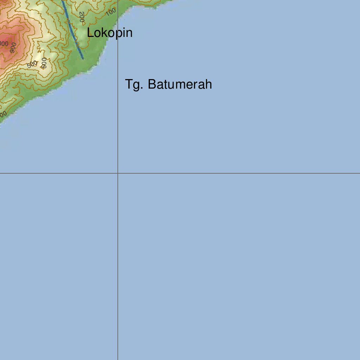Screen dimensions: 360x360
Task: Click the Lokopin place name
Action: pyautogui.click(x=110, y=33)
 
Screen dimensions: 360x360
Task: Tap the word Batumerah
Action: pyautogui.click(x=180, y=85)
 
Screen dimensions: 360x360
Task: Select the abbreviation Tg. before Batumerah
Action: pyautogui.click(x=134, y=85)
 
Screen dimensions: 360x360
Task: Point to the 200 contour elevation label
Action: pyautogui.click(x=82, y=17)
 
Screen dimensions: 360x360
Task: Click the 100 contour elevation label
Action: pyautogui.click(x=111, y=12)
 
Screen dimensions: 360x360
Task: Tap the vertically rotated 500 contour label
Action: pyautogui.click(x=44, y=63)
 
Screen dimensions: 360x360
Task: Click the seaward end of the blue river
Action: pyautogui.click(x=83, y=58)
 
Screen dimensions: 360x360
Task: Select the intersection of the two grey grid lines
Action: pyautogui.click(x=118, y=173)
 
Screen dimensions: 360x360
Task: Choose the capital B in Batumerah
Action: pyautogui.click(x=152, y=85)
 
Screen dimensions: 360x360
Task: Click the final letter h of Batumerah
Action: pyautogui.click(x=209, y=85)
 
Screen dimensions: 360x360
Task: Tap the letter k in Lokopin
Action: pyautogui.click(x=103, y=33)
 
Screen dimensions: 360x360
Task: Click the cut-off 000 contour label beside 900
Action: pyautogui.click(x=4, y=44)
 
